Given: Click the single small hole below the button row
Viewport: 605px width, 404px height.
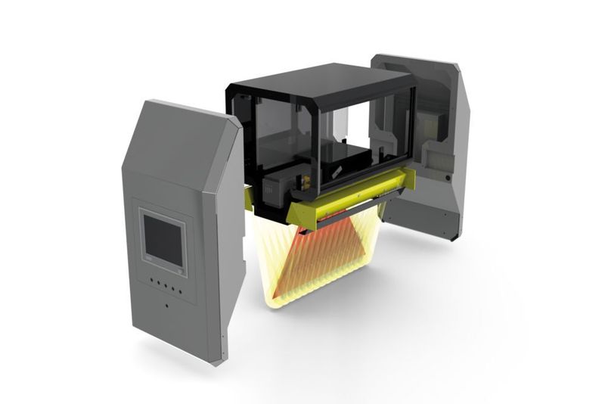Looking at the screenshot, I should [x=166, y=306].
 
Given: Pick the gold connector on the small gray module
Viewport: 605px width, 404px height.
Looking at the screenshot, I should [x=307, y=182].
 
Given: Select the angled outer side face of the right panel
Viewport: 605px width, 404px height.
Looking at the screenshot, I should [x=462, y=151].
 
